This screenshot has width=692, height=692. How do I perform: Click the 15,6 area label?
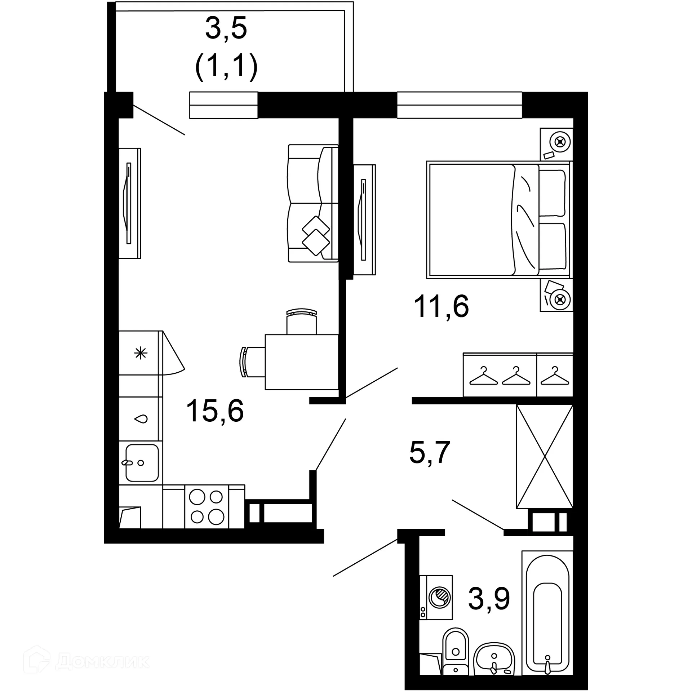[x=215, y=411]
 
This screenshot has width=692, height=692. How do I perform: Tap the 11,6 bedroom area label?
[x=441, y=306]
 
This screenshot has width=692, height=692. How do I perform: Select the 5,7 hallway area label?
[x=430, y=453]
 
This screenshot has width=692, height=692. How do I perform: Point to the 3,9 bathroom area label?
[x=489, y=599]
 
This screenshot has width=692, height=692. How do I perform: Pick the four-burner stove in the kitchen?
[x=207, y=507]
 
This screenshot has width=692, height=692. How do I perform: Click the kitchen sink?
[x=142, y=463]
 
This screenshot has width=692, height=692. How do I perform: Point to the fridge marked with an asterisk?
[x=140, y=353]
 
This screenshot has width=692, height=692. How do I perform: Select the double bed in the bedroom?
[x=499, y=220]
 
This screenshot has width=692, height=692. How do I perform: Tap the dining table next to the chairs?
[x=301, y=362]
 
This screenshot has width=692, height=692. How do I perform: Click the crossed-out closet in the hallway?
[x=544, y=456]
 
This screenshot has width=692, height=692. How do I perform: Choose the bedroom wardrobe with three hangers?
[x=518, y=375]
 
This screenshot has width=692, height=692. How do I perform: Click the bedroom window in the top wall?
[x=459, y=105]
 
